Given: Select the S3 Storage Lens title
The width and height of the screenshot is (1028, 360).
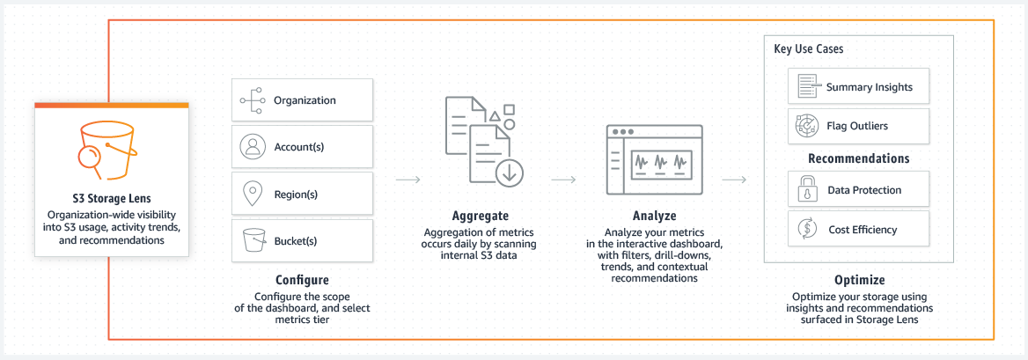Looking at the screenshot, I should [x=111, y=199].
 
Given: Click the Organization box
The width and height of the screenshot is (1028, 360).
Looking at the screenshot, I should [x=302, y=100].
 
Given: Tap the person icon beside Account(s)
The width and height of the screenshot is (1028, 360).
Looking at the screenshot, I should [x=253, y=147].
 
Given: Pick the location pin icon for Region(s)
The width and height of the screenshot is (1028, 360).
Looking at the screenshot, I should [x=253, y=193].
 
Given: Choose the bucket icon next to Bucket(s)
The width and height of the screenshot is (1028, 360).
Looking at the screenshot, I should [x=253, y=240].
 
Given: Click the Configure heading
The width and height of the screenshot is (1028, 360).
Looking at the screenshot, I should [x=302, y=280].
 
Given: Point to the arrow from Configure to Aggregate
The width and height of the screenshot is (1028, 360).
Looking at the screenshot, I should [x=408, y=180].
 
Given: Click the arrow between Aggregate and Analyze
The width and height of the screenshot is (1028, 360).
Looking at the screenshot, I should [x=563, y=180].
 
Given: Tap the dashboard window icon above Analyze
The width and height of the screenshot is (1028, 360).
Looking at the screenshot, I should [x=654, y=161].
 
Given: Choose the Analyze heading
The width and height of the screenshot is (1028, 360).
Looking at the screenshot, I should [x=654, y=216].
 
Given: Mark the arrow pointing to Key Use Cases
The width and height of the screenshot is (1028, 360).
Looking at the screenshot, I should [x=734, y=180].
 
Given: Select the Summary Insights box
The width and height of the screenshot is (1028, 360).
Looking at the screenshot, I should [x=858, y=87].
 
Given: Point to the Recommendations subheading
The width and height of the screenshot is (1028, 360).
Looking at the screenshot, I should [x=858, y=159].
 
